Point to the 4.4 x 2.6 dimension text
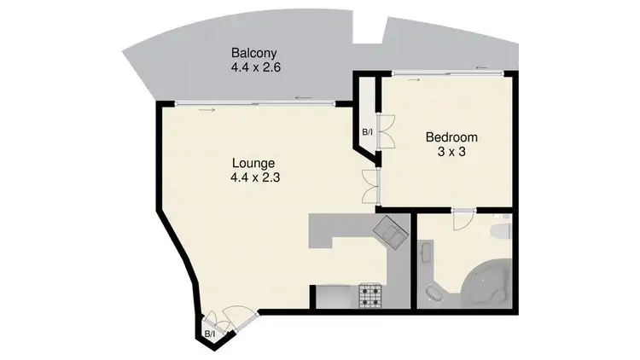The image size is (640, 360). (252, 65)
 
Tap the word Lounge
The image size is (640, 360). (253, 163)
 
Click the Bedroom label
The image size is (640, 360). (451, 136)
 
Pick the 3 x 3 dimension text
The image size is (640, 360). (451, 151)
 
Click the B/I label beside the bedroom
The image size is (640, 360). (368, 132)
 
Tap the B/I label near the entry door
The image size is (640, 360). (208, 333)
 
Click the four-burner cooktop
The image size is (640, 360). (372, 297)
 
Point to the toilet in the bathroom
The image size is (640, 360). (503, 230)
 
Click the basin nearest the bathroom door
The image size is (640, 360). (427, 255)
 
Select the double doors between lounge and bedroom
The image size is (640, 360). (369, 186)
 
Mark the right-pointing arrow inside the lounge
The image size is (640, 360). (206, 110)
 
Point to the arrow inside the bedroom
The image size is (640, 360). (416, 80)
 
